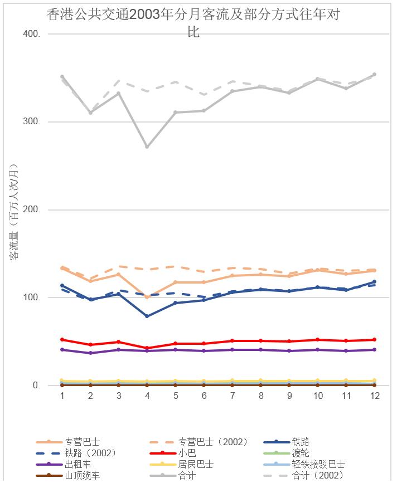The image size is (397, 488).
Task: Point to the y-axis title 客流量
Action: (x=14, y=212)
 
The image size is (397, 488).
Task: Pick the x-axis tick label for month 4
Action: (x=147, y=396)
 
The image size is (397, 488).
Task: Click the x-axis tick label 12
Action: (x=375, y=396)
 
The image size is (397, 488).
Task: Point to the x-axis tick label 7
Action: (x=233, y=396)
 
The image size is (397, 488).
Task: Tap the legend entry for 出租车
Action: (x=77, y=464)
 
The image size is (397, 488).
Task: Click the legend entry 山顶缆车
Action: (x=82, y=475)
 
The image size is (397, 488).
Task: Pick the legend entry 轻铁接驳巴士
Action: (x=318, y=464)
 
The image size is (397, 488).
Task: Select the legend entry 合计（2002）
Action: (x=318, y=475)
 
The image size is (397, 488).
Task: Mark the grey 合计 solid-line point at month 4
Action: (x=147, y=147)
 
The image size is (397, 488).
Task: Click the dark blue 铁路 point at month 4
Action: (x=147, y=316)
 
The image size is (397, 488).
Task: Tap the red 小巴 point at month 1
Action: (x=62, y=339)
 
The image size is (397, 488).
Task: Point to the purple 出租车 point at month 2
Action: (x=90, y=353)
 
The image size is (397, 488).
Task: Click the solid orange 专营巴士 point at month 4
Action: (x=147, y=297)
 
